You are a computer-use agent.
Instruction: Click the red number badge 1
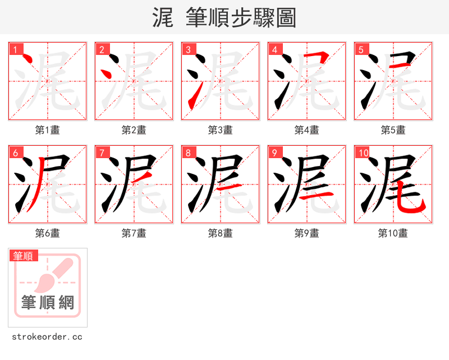point(15,49)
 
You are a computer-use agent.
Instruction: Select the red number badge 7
point(101,153)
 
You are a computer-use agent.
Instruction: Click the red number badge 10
point(363,153)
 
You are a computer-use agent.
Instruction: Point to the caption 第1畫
point(48,130)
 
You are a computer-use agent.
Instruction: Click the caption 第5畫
point(393,130)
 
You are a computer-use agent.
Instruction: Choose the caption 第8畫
point(221,233)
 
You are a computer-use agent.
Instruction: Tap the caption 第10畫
point(393,233)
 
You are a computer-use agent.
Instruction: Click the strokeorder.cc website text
point(47,337)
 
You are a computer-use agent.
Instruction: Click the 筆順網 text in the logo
point(48,303)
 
